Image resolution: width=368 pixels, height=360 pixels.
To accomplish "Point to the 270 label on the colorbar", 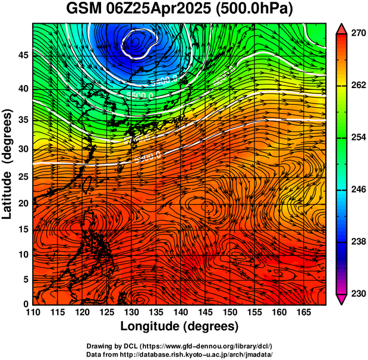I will pyautogui.click(x=357, y=34).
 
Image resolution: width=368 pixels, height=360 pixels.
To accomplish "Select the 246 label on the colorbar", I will pyautogui.click(x=357, y=190).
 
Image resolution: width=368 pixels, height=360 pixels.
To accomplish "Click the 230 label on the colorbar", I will pyautogui.click(x=357, y=294).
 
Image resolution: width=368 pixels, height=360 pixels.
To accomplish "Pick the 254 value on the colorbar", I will pyautogui.click(x=357, y=138).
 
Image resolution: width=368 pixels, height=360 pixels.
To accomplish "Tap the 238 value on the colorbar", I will pyautogui.click(x=357, y=242).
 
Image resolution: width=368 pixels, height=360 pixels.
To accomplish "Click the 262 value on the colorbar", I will pyautogui.click(x=357, y=86).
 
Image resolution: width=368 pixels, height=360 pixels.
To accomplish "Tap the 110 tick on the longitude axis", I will pyautogui.click(x=33, y=312).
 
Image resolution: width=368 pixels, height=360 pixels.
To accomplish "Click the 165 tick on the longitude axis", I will pyautogui.click(x=303, y=312).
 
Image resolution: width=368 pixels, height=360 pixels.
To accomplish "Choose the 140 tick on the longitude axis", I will pyautogui.click(x=180, y=312).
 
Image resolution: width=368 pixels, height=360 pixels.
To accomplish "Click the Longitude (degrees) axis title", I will pyautogui.click(x=180, y=327).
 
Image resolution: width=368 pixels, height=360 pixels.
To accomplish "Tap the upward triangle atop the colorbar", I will pyautogui.click(x=342, y=28).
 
